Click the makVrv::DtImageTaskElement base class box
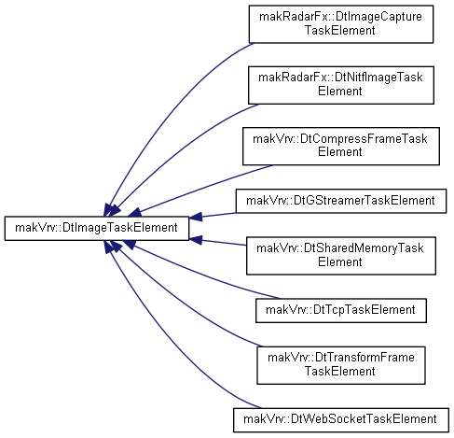pos(97,229)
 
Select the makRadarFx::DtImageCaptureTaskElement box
pos(341,24)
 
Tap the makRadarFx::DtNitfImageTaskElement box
pos(341,85)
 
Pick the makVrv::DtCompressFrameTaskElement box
pos(341,146)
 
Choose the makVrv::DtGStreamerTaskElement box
pos(341,201)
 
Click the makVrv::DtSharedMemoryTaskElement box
pos(341,256)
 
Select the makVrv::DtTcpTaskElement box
pos(341,310)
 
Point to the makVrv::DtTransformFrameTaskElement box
pos(341,365)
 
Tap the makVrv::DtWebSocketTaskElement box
pos(341,420)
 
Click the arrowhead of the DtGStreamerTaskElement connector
pos(196,217)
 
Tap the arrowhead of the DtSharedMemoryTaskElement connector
pos(196,240)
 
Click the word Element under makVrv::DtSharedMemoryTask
pos(340,261)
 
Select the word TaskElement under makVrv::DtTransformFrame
pos(340,371)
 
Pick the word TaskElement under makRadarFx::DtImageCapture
pos(340,30)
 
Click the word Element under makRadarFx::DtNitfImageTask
pos(340,92)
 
